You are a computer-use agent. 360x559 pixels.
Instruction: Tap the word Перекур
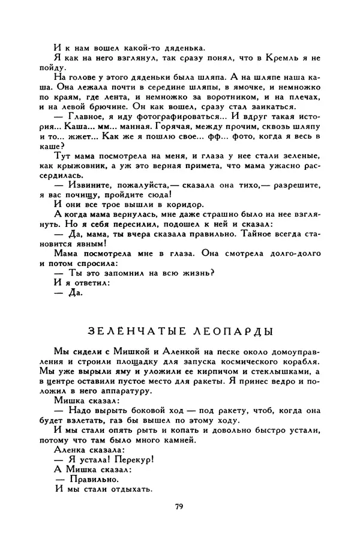(136, 458)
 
